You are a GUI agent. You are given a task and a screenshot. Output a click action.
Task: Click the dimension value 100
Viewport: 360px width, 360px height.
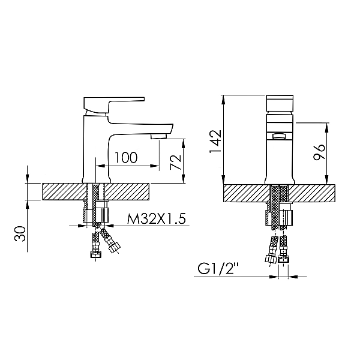click(125, 157)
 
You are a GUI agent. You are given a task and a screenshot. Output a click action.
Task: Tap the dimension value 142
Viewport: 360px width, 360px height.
click(215, 140)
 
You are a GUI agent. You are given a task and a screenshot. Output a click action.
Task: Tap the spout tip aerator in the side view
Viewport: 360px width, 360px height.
click(158, 136)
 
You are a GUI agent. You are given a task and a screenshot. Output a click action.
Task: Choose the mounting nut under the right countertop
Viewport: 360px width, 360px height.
click(280, 217)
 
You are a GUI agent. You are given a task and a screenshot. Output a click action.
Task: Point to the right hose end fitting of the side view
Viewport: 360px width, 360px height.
click(113, 246)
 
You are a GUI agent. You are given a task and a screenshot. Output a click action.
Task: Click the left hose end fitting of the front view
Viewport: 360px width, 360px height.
click(270, 259)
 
